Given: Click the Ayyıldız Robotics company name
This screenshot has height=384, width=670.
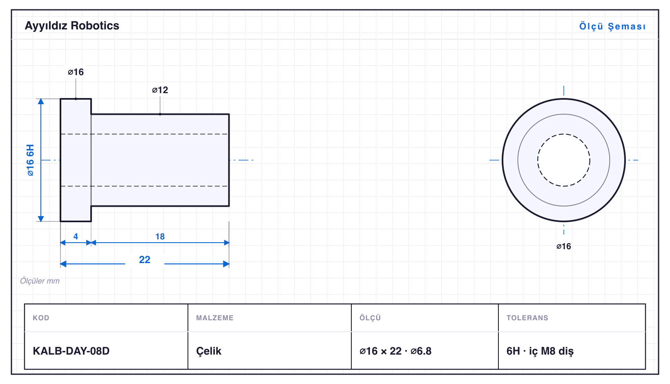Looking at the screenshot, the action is click(x=72, y=26).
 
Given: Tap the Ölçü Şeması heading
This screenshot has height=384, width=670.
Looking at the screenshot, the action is click(x=612, y=26).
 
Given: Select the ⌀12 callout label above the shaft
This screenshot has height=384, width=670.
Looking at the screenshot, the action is click(x=160, y=90).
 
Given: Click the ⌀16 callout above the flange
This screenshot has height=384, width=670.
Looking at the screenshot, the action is click(x=76, y=72).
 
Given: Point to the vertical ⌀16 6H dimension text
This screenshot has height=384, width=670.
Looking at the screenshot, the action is click(x=31, y=160).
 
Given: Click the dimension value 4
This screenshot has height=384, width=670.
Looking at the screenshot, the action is click(x=76, y=237).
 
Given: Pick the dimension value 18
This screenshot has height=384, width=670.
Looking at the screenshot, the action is click(x=160, y=237).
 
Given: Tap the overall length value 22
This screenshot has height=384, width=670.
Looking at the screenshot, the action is click(x=145, y=259).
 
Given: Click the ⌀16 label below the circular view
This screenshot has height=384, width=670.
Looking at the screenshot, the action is click(x=564, y=246).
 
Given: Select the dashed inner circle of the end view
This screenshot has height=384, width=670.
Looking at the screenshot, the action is click(x=564, y=134).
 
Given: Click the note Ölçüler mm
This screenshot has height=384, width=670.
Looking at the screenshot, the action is click(x=40, y=281).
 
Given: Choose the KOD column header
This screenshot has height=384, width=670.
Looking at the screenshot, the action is click(x=41, y=317).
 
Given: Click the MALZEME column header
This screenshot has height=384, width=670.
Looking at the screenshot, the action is click(x=215, y=317).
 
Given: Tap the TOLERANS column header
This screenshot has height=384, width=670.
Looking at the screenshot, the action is click(x=527, y=317).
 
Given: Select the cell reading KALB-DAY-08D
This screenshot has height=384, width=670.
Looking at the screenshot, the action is click(x=71, y=351).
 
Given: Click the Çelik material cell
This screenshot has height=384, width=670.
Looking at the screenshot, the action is click(x=209, y=351).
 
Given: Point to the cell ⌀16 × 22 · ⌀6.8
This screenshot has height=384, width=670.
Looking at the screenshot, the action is click(x=395, y=351).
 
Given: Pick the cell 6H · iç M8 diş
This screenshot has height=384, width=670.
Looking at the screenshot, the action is click(x=540, y=351).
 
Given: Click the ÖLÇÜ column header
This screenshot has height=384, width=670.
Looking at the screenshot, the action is click(x=370, y=317).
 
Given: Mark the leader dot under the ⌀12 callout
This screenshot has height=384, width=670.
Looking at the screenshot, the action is click(x=160, y=114).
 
